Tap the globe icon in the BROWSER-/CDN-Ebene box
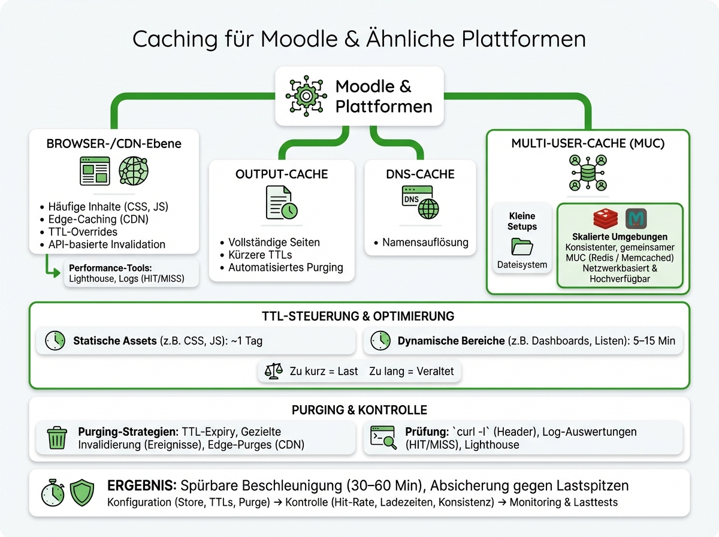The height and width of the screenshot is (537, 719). [134, 171]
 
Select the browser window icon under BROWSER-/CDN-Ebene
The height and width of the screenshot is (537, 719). [95, 171]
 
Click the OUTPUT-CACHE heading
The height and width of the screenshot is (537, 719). [282, 174]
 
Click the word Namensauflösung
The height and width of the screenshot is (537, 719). [425, 243]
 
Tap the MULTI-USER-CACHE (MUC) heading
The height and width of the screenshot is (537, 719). [588, 144]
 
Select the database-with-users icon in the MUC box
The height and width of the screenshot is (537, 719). [588, 173]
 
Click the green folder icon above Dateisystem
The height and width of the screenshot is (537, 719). [521, 246]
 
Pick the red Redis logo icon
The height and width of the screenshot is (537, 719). [606, 219]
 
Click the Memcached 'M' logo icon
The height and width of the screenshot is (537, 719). [636, 219]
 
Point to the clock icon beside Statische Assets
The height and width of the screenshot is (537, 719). [55, 340]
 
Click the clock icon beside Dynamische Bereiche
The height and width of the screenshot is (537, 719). [380, 340]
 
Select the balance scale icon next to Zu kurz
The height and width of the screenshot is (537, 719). [273, 371]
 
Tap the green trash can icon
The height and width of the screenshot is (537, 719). [57, 438]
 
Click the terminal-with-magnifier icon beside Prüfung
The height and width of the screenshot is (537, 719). [383, 438]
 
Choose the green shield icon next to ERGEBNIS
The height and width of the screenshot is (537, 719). [82, 493]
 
